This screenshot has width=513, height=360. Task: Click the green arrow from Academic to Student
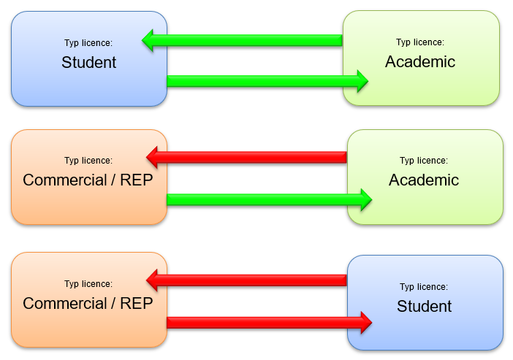(248, 40)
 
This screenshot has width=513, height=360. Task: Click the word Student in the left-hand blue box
(89, 63)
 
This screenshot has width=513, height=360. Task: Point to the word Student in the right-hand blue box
(425, 307)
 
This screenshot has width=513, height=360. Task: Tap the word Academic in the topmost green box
(420, 62)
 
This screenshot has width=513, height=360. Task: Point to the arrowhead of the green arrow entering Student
(149, 40)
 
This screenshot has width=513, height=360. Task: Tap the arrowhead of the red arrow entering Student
(364, 321)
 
